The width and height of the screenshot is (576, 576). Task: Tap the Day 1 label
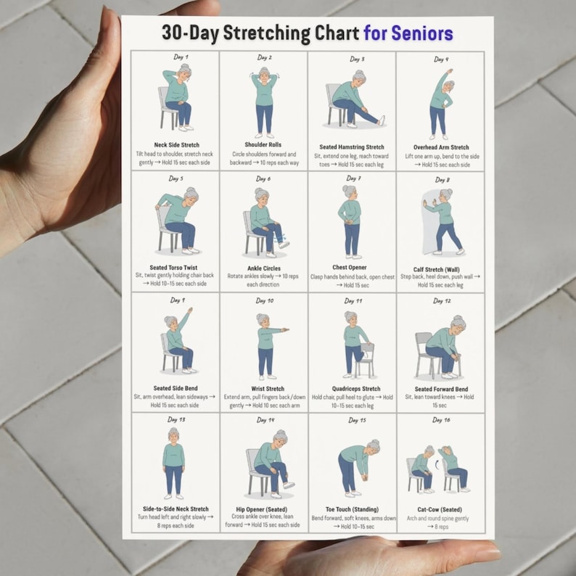(181, 57)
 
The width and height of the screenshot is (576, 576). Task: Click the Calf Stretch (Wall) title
(440, 268)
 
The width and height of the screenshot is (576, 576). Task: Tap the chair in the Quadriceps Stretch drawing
(366, 360)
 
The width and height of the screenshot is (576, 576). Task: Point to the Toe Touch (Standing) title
(353, 509)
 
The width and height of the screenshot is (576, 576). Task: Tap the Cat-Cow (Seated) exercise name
(439, 509)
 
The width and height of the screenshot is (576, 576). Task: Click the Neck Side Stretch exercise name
(176, 145)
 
